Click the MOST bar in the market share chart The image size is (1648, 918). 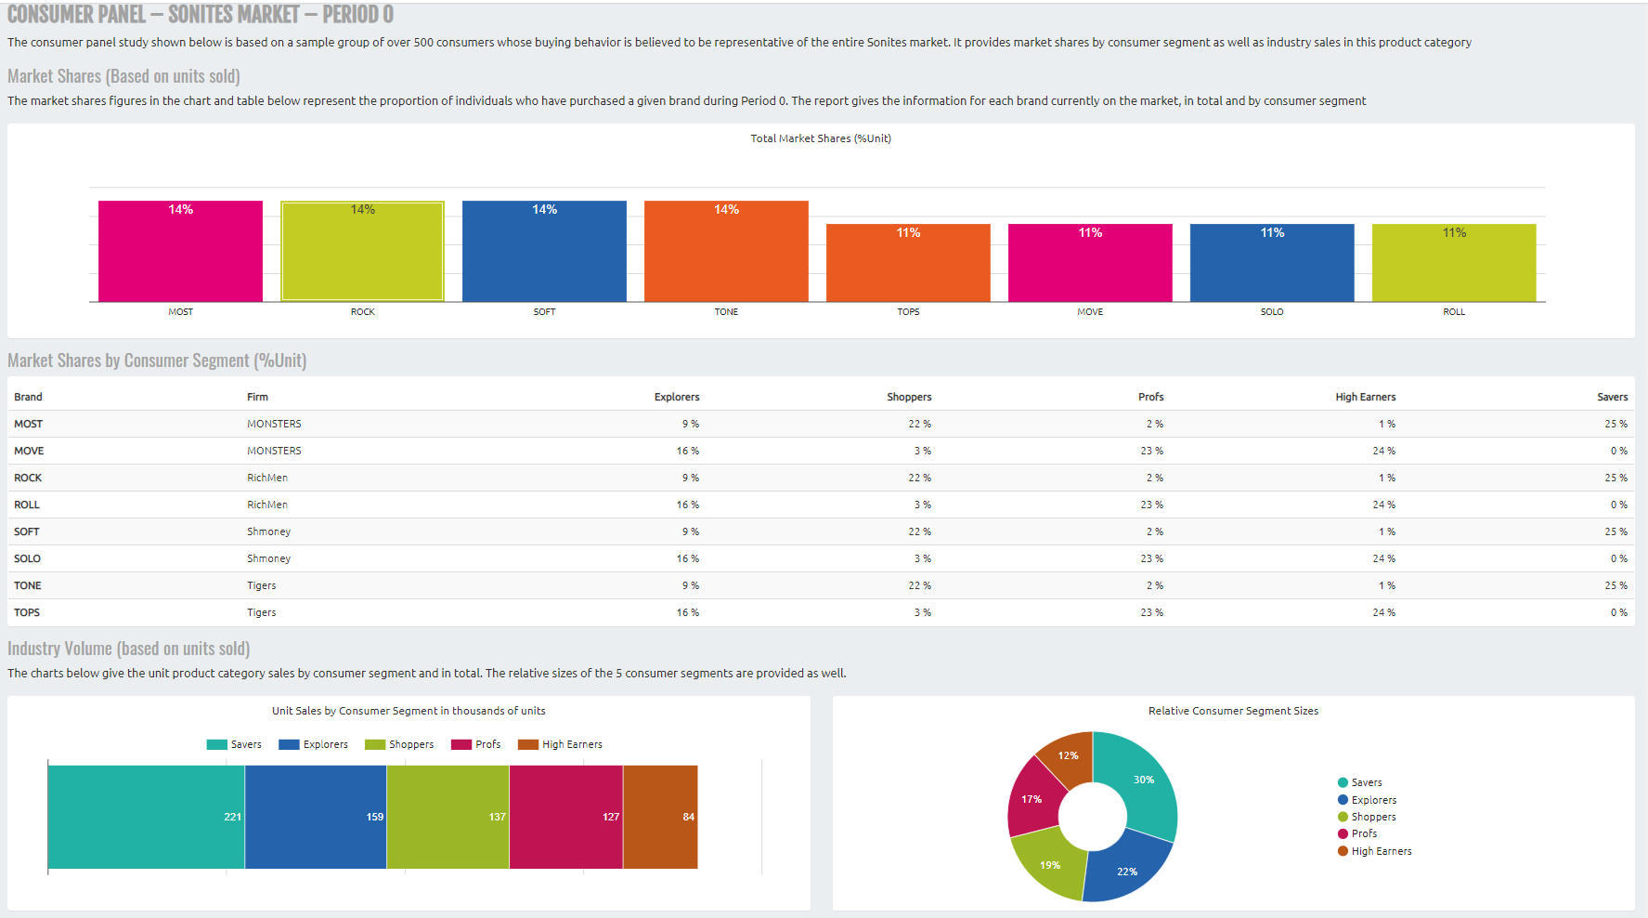tap(180, 252)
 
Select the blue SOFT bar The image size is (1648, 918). tap(544, 252)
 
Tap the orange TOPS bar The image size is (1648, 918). tap(908, 263)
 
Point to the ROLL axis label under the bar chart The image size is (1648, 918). tap(1453, 312)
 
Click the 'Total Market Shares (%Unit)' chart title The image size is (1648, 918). tap(821, 138)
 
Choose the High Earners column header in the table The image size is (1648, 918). tap(1365, 397)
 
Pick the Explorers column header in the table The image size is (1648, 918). tap(677, 397)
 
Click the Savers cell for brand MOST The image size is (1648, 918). tap(1616, 424)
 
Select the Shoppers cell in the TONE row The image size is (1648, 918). tap(919, 585)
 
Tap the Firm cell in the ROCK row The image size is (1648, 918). tap(267, 478)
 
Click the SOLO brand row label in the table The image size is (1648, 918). tap(28, 558)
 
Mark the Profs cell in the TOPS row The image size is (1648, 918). tap(1151, 612)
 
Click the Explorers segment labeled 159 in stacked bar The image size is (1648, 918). tap(316, 817)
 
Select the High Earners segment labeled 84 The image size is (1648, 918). tap(660, 817)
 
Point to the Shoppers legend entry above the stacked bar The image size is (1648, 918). tap(400, 744)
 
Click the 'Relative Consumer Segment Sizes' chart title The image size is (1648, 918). tap(1233, 711)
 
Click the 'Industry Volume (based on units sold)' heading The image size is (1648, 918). tap(129, 649)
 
